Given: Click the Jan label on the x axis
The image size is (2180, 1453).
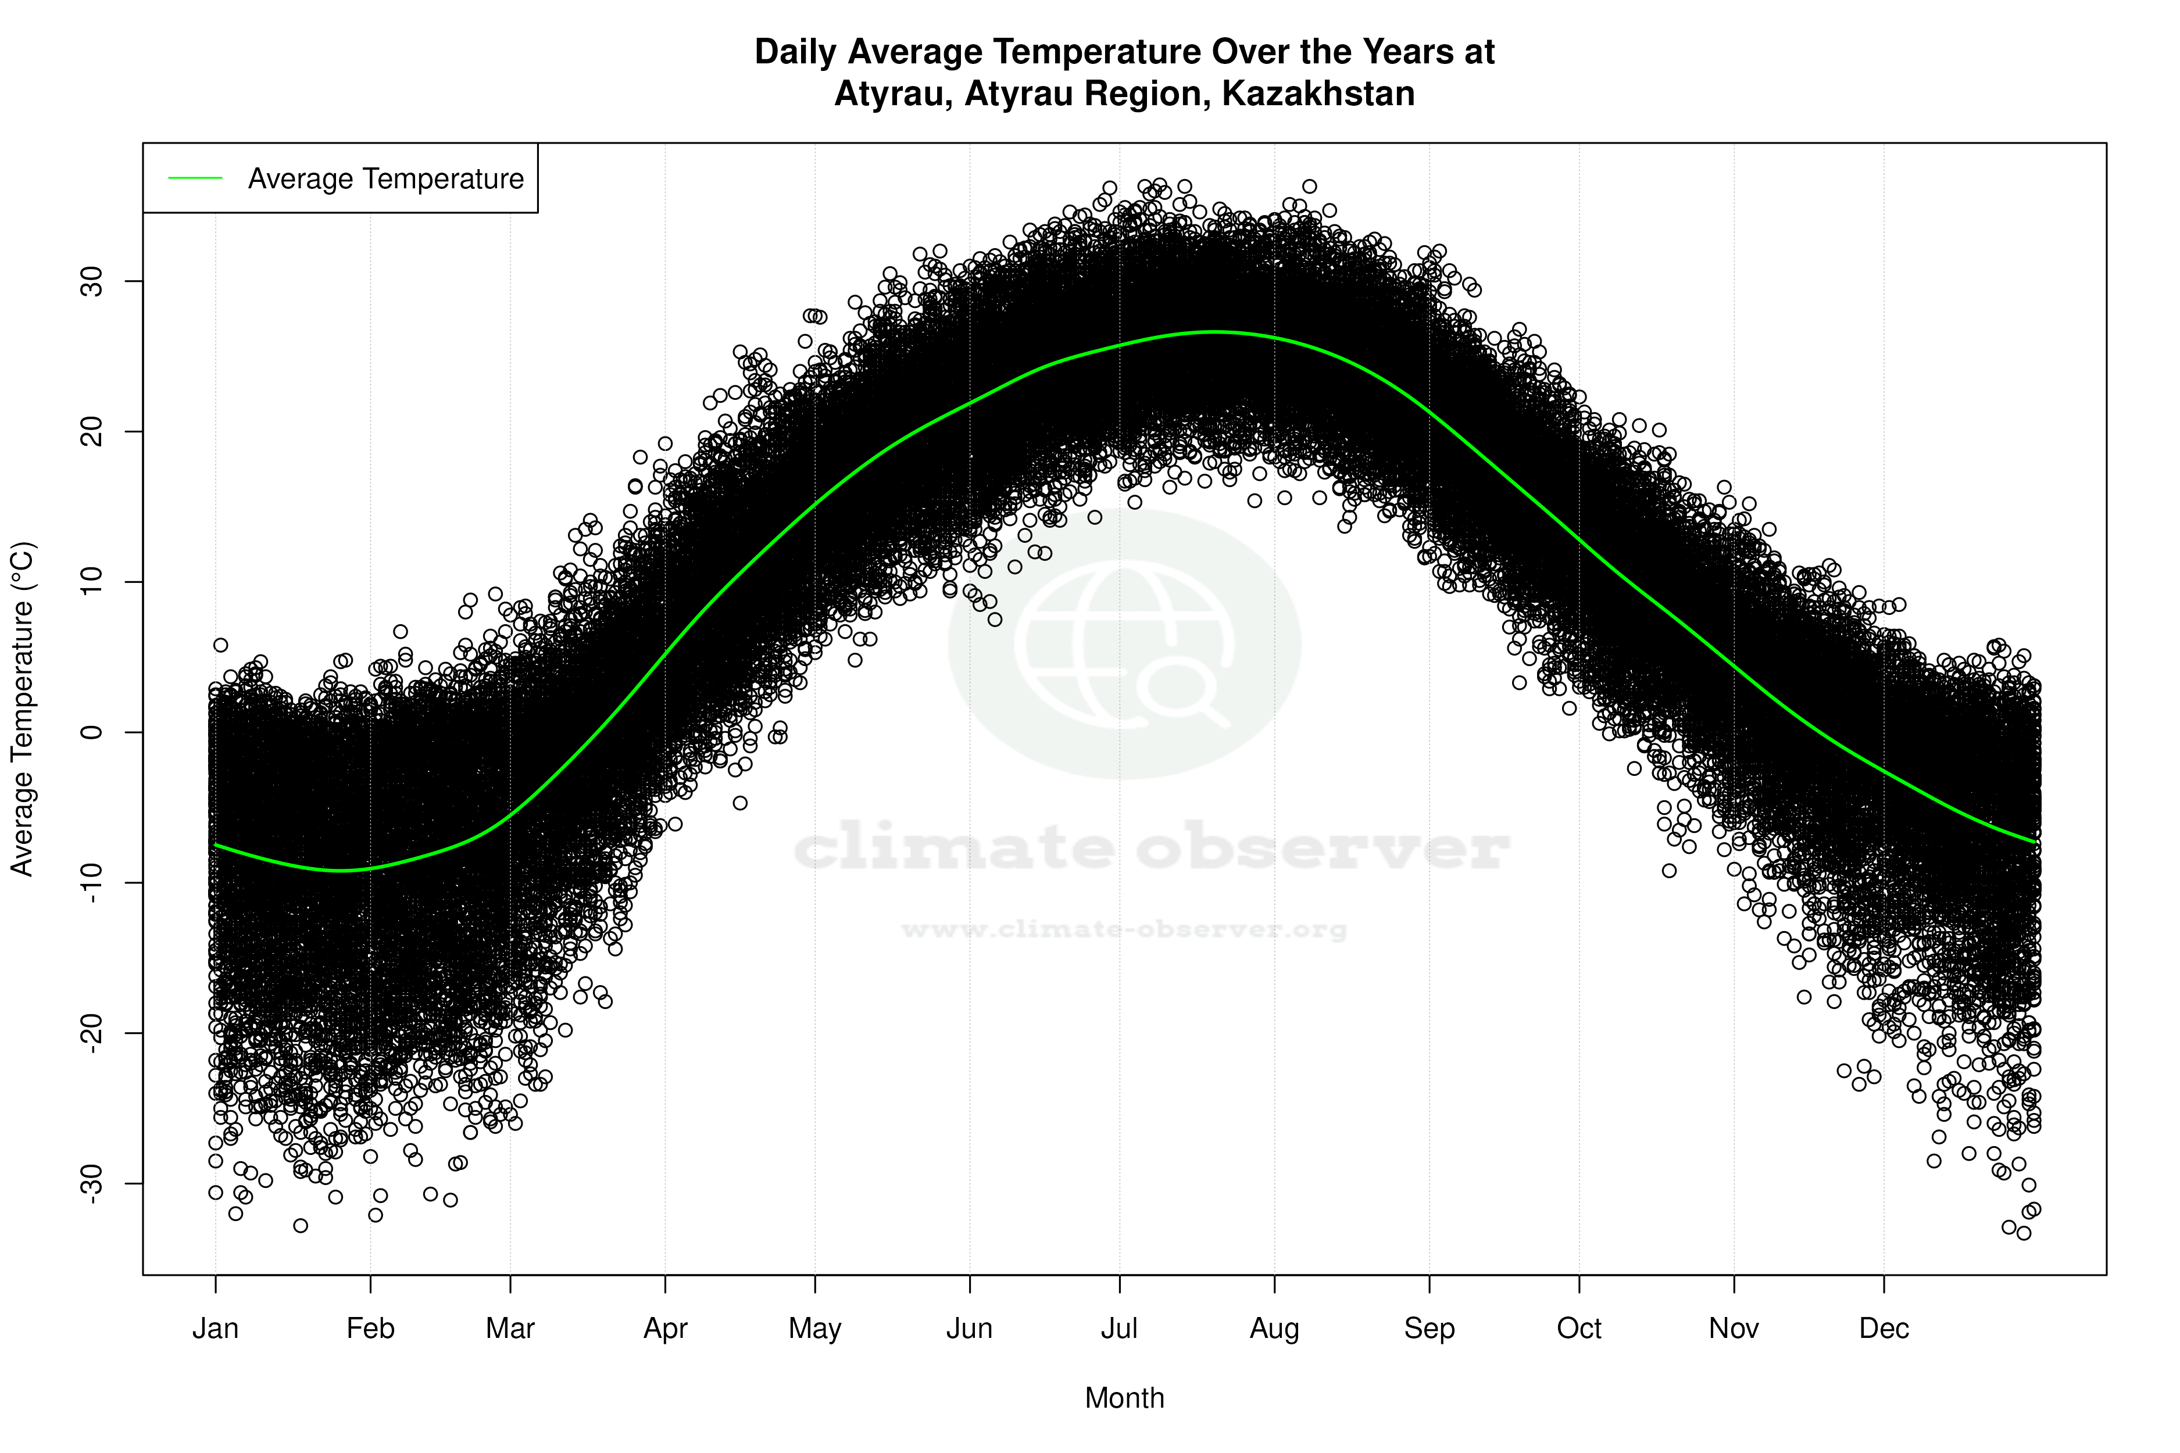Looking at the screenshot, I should (x=215, y=1329).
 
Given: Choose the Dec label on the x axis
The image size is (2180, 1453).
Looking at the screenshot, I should (x=1884, y=1329).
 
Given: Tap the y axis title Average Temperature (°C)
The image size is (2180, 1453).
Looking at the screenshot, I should (x=22, y=709).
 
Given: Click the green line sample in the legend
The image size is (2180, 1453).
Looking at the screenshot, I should (x=195, y=178).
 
